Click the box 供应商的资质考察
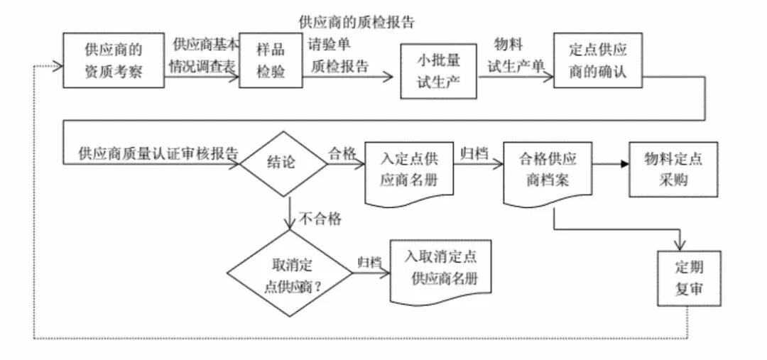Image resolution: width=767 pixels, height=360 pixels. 113,61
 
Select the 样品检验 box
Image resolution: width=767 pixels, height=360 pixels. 266,61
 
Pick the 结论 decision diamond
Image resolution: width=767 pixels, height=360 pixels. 283,163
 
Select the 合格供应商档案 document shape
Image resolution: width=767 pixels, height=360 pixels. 548,169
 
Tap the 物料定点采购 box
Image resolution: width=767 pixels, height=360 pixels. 673,169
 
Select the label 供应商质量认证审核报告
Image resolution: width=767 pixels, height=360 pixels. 158,153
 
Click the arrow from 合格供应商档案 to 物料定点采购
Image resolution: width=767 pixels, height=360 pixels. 610,164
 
